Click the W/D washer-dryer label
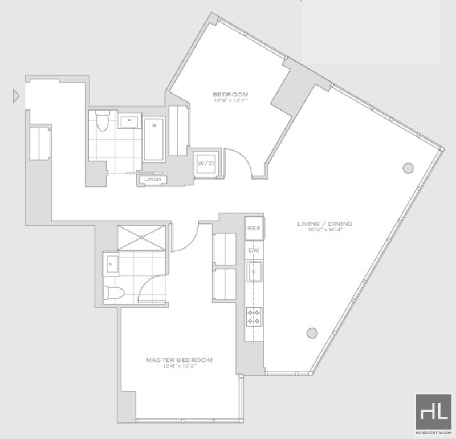click(205, 164)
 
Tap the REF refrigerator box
click(254, 229)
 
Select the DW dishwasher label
click(254, 249)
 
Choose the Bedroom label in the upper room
click(230, 95)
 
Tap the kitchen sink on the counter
click(254, 271)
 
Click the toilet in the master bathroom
click(113, 293)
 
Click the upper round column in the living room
click(408, 168)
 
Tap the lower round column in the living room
click(312, 333)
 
